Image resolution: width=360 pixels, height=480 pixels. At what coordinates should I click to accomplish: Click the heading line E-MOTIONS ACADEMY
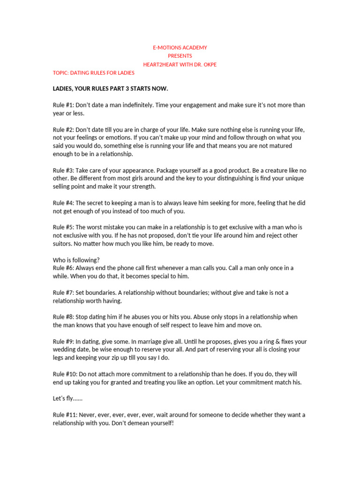pyautogui.click(x=180, y=48)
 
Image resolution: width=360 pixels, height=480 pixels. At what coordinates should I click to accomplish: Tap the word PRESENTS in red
pyautogui.click(x=180, y=56)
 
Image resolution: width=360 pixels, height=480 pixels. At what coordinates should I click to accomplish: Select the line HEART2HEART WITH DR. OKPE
pyautogui.click(x=180, y=64)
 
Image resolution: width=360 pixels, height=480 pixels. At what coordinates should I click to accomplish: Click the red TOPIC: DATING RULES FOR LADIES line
pyautogui.click(x=93, y=73)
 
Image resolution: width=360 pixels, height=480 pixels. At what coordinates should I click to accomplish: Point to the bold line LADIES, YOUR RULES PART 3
pyautogui.click(x=110, y=89)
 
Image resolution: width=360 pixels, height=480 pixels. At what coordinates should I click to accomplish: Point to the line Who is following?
pyautogui.click(x=76, y=260)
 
